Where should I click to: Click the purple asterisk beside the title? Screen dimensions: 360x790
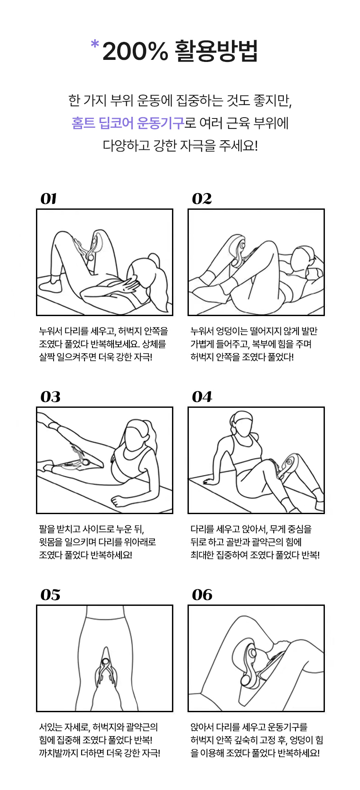pyautogui.click(x=95, y=45)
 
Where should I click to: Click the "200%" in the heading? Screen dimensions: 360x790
pyautogui.click(x=135, y=51)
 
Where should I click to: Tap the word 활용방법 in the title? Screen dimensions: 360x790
pyautogui.click(x=216, y=51)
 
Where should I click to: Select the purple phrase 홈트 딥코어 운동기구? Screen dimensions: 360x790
pyautogui.click(x=128, y=123)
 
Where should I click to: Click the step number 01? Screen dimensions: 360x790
pyautogui.click(x=49, y=199)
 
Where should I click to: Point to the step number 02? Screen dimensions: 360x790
pyautogui.click(x=202, y=199)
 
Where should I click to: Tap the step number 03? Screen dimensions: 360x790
pyautogui.click(x=51, y=397)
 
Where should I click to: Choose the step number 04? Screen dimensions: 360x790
pyautogui.click(x=202, y=397)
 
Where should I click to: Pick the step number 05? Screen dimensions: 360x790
pyautogui.click(x=51, y=595)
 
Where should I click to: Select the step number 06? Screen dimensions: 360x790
pyautogui.click(x=202, y=595)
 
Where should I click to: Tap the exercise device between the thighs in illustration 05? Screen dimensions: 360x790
pyautogui.click(x=105, y=670)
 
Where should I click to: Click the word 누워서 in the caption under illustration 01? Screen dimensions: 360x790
pyautogui.click(x=51, y=331)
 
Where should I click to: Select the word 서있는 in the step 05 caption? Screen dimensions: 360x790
pyautogui.click(x=51, y=727)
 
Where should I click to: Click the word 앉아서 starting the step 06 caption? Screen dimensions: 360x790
pyautogui.click(x=202, y=727)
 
